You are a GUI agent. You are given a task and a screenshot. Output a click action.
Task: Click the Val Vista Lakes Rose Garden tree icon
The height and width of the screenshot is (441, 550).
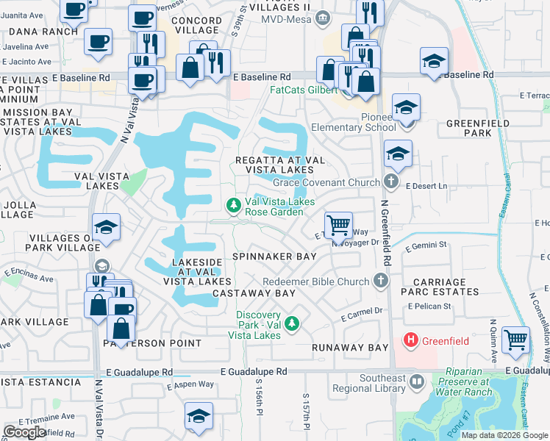pos(234,204)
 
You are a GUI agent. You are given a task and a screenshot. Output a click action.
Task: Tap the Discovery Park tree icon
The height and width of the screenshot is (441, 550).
pos(292,323)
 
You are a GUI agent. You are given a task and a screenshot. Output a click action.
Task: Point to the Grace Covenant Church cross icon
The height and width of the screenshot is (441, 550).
pos(390,182)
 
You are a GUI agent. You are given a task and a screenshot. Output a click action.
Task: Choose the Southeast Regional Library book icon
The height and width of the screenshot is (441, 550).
pos(417,382)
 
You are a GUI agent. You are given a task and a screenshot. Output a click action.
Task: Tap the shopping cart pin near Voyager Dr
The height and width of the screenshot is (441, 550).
pos(338,225)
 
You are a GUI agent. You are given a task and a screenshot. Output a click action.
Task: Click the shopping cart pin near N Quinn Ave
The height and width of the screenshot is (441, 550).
pos(516,340)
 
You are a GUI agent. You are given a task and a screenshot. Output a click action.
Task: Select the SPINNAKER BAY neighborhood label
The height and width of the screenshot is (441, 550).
pos(274,257)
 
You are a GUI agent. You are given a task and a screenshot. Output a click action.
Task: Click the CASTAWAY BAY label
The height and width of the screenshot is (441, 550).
pos(254,293)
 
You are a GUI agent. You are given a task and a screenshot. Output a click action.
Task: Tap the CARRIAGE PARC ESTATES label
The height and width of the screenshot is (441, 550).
pos(440,287)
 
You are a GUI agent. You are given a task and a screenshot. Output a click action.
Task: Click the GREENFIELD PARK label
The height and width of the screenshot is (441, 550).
pos(478,129)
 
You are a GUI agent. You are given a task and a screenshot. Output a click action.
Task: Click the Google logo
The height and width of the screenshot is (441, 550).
pos(24,431)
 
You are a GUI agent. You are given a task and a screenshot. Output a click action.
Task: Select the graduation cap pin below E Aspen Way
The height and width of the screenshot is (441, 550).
pos(199,415)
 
